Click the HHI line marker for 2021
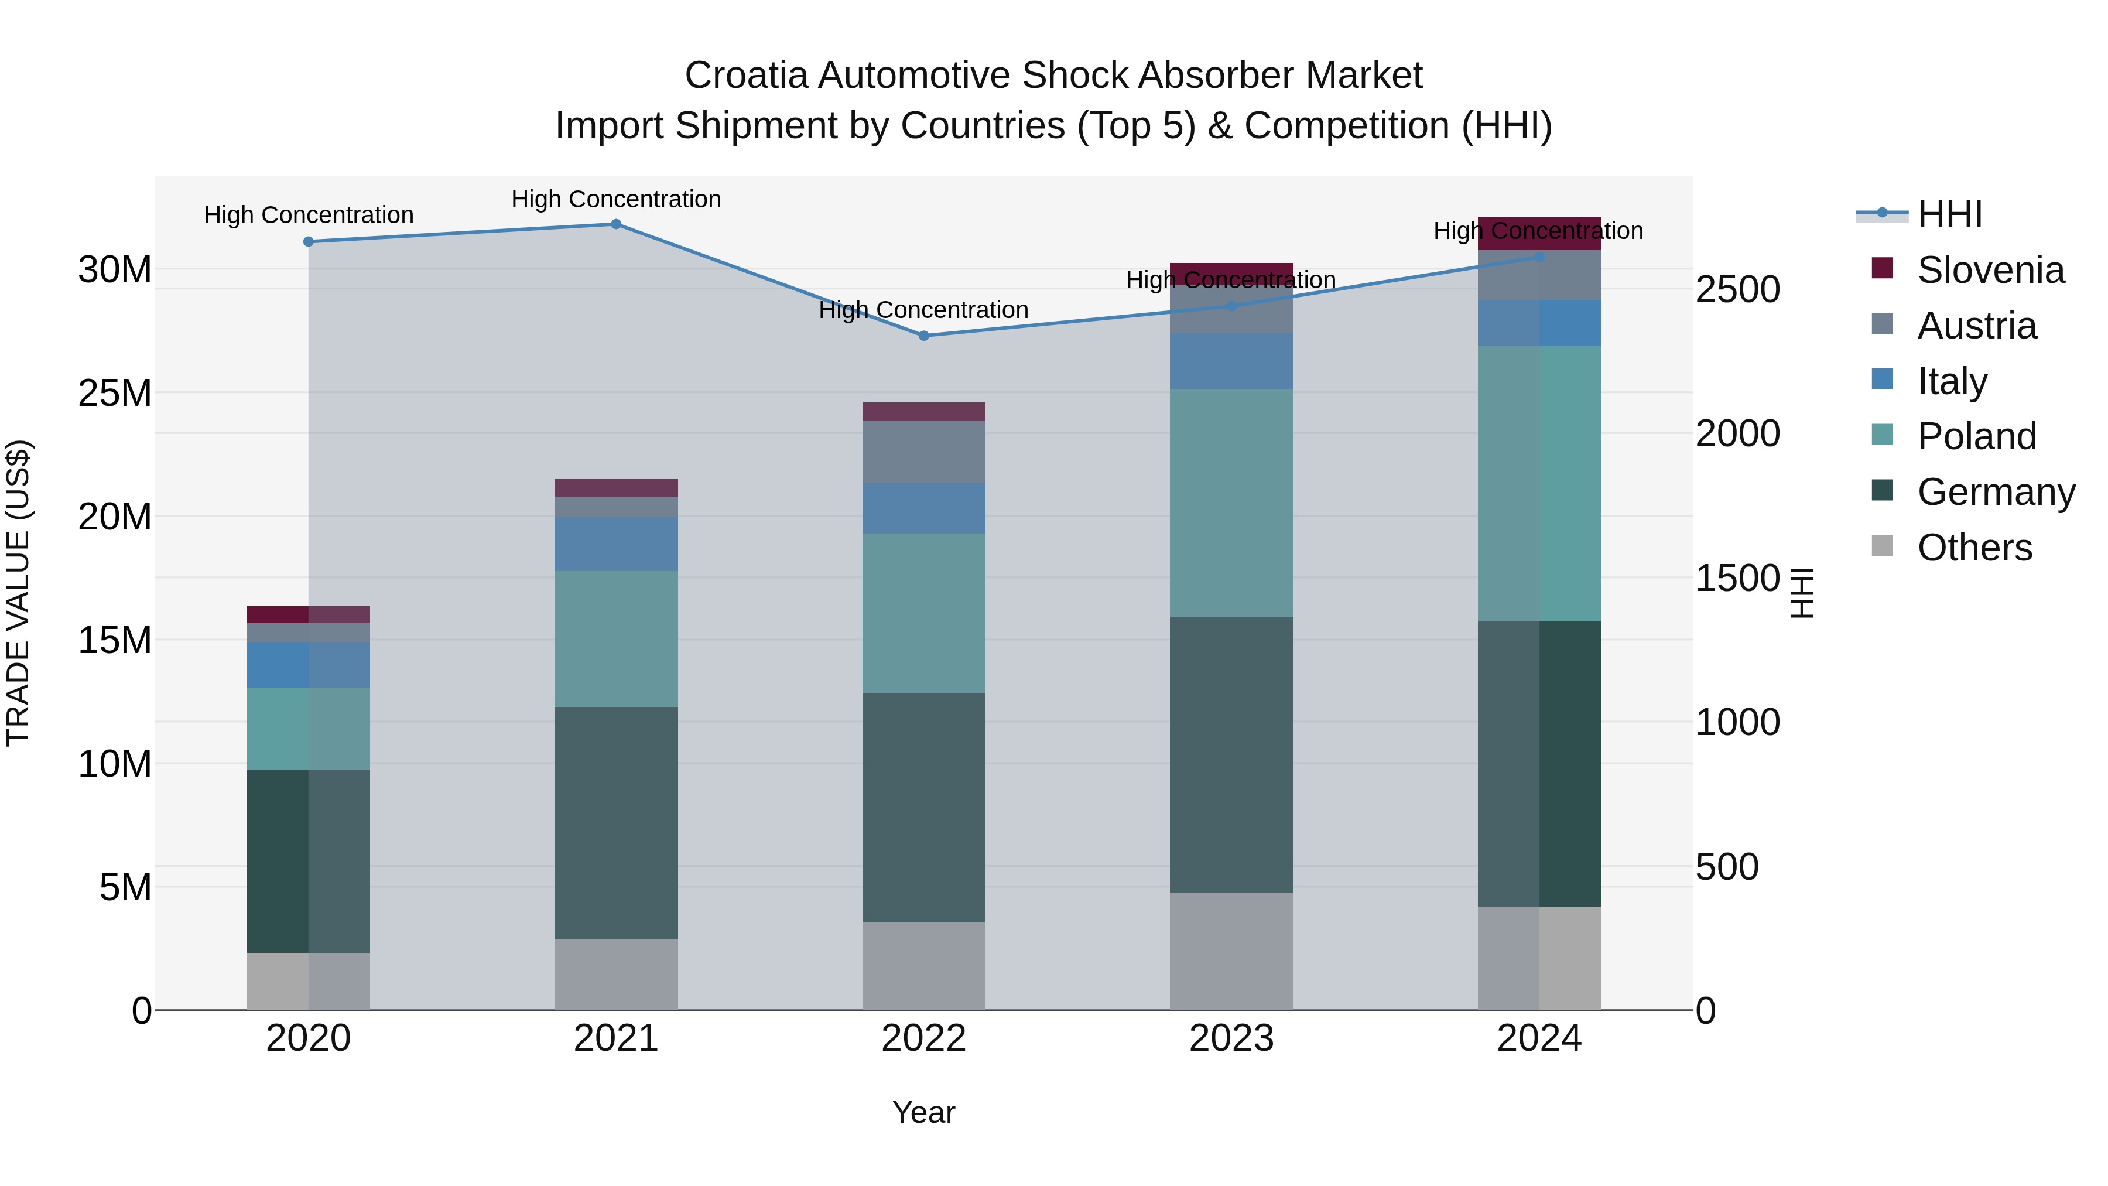pos(616,224)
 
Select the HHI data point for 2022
pos(924,336)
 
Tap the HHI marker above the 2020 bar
pos(309,241)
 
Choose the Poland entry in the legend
pos(1976,436)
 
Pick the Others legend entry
pos(1974,548)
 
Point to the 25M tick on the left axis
pos(115,394)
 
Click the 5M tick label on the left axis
pos(125,887)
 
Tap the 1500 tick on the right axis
pos(1737,579)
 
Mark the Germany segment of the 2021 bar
pos(616,823)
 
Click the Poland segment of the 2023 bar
pos(1231,503)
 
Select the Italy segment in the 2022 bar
pos(924,508)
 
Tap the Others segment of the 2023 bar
pos(1231,951)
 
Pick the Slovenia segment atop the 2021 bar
pos(616,488)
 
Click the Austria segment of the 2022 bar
pos(924,452)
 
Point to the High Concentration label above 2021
pos(616,199)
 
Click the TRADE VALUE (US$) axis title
pos(18,593)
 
